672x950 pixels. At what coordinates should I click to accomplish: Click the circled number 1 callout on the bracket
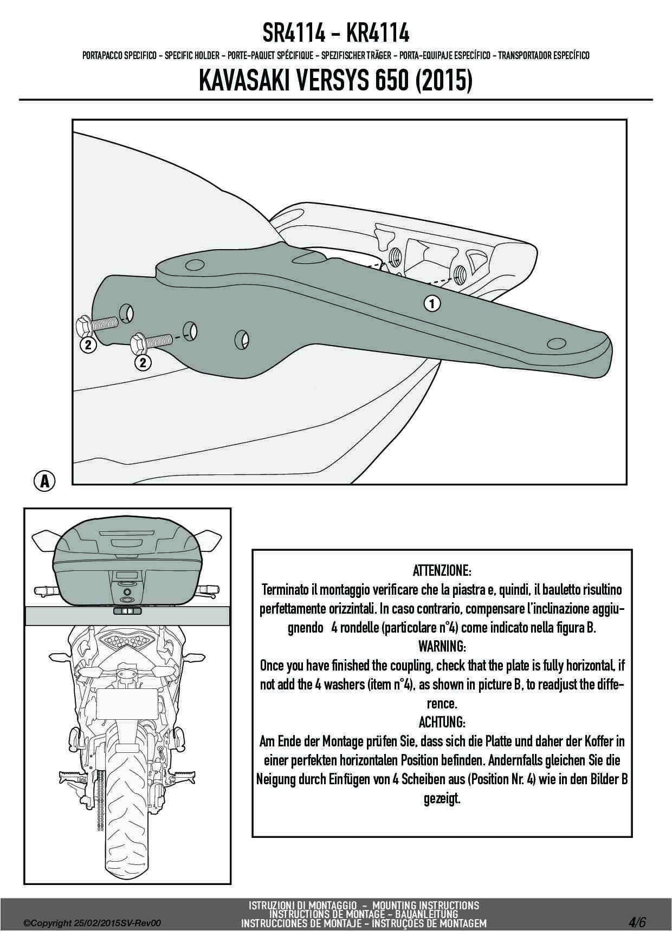point(432,303)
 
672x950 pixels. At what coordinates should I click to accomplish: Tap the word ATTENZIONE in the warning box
point(442,570)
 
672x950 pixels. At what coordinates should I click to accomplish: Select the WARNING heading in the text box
point(442,646)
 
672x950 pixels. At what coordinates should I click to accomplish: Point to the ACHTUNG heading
point(442,722)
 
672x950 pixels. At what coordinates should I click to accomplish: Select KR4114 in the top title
point(377,34)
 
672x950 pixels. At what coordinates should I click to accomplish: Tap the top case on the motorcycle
point(127,563)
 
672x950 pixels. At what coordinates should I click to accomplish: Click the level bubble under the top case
point(127,611)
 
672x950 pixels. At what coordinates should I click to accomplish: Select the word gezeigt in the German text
point(442,798)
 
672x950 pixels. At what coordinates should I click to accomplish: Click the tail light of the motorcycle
point(126,643)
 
